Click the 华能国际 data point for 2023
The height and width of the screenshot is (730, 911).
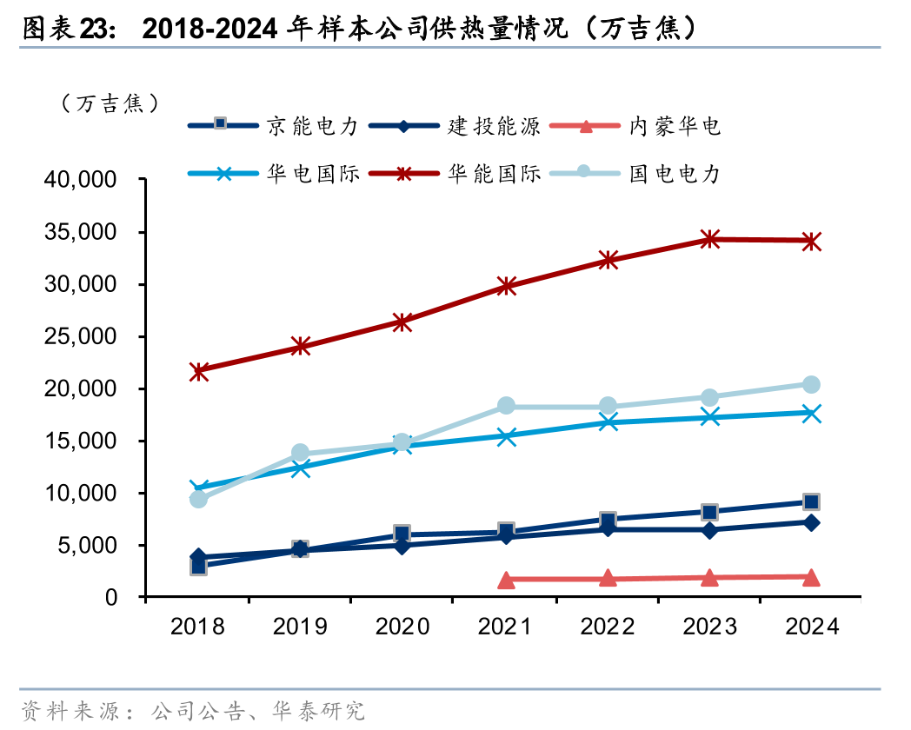click(x=709, y=239)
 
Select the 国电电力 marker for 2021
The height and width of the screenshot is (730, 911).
click(x=506, y=406)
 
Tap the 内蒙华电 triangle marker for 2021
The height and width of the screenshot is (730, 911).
click(x=506, y=580)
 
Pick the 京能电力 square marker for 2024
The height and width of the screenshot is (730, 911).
click(x=811, y=501)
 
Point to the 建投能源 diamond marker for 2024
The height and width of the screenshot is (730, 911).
click(x=811, y=522)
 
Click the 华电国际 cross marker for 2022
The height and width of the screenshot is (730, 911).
click(x=608, y=422)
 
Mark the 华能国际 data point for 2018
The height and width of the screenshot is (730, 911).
click(x=199, y=371)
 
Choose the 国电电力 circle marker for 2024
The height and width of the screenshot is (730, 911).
click(x=811, y=385)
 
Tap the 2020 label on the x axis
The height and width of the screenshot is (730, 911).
click(x=403, y=627)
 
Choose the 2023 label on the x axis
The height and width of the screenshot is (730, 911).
click(x=709, y=627)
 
